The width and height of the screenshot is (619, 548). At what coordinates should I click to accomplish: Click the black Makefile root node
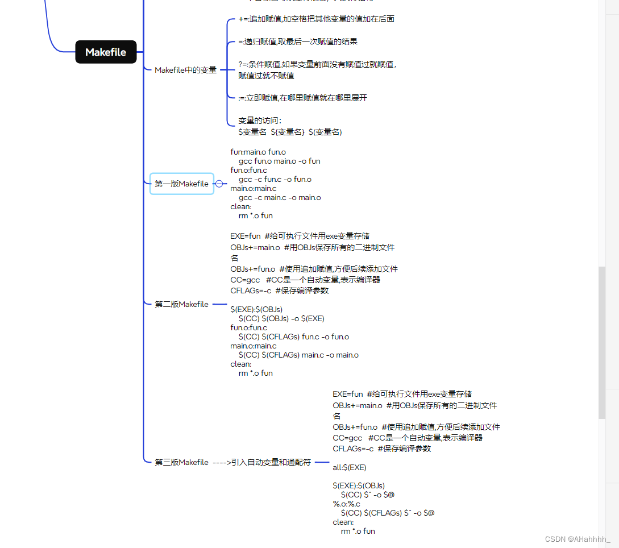tap(106, 52)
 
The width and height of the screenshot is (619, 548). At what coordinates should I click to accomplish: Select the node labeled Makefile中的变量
tap(185, 70)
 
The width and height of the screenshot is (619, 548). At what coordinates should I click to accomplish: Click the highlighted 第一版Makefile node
tap(182, 184)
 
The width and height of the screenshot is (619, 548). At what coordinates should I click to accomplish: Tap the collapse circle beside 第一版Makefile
tap(219, 184)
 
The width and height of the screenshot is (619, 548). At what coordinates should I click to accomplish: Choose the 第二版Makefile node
tap(182, 304)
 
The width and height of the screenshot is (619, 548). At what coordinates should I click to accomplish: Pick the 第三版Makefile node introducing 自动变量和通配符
tap(233, 462)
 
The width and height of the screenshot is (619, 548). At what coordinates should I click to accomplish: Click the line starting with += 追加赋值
tap(316, 19)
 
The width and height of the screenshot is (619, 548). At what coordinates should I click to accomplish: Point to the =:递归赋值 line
tap(298, 41)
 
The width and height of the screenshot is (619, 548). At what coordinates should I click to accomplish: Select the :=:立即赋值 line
tap(302, 98)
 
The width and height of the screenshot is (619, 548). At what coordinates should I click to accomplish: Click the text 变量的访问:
tap(260, 121)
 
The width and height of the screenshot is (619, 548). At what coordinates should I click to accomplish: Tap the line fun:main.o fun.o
tap(258, 152)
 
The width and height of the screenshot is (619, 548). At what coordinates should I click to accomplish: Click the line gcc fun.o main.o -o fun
tap(279, 161)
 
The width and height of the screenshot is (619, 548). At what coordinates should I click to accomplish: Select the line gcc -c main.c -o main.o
tap(280, 197)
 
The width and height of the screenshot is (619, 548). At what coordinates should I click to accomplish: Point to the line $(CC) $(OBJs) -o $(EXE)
tap(281, 318)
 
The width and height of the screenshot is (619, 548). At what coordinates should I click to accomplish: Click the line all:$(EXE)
tap(350, 467)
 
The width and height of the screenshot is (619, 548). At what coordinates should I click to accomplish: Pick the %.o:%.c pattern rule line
tap(346, 504)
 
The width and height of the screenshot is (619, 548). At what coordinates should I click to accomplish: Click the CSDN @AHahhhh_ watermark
tap(577, 538)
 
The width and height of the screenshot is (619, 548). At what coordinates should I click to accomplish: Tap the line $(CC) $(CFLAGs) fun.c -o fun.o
tap(293, 337)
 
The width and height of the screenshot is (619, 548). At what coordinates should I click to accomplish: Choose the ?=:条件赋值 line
tap(317, 65)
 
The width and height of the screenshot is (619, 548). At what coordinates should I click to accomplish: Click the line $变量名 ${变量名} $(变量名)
tap(290, 132)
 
